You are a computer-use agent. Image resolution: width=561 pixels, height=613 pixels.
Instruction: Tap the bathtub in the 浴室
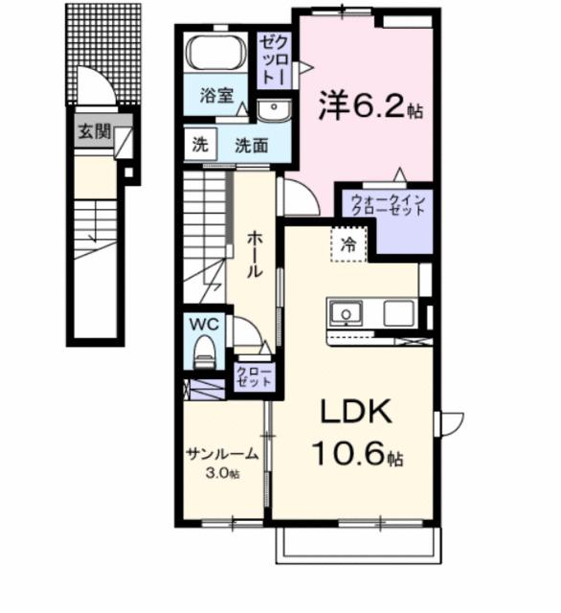[216, 54]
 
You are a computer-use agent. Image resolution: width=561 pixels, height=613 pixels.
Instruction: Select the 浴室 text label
[216, 96]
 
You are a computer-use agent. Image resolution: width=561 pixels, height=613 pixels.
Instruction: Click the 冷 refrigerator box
[350, 244]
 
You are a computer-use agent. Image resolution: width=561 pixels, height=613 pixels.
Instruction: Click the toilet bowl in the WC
[203, 356]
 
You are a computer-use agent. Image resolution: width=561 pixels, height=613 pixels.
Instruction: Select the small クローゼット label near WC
[255, 375]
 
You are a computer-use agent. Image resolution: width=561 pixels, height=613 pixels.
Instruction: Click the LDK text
[353, 414]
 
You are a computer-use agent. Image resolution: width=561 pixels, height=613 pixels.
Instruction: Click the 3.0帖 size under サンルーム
[222, 473]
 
